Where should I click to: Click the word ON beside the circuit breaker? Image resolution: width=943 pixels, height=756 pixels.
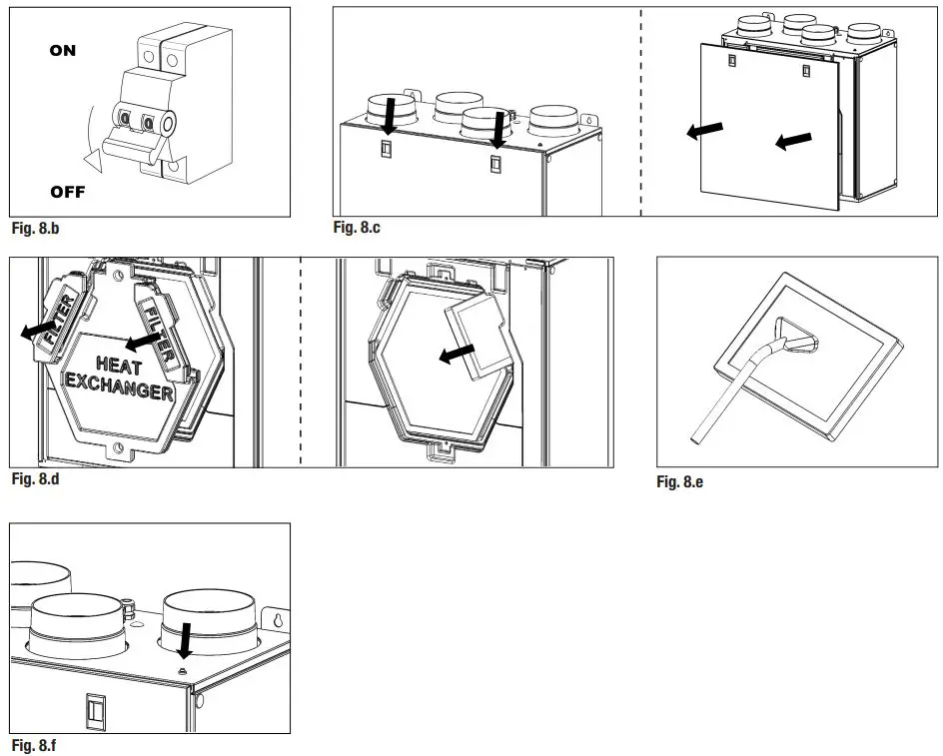pyautogui.click(x=62, y=51)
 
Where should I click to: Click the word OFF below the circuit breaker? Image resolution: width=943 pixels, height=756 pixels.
pyautogui.click(x=68, y=192)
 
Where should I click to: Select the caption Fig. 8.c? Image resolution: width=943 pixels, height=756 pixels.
pyautogui.click(x=357, y=228)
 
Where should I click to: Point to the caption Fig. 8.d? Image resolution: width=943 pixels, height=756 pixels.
pyautogui.click(x=37, y=480)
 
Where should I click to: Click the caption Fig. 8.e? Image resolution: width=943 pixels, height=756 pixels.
pyautogui.click(x=680, y=482)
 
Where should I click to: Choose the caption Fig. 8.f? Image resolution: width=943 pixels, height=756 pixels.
pyautogui.click(x=36, y=745)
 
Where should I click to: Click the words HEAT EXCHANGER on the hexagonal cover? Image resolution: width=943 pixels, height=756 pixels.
pyautogui.click(x=120, y=377)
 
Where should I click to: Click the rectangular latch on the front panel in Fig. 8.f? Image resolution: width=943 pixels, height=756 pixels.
pyautogui.click(x=97, y=710)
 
